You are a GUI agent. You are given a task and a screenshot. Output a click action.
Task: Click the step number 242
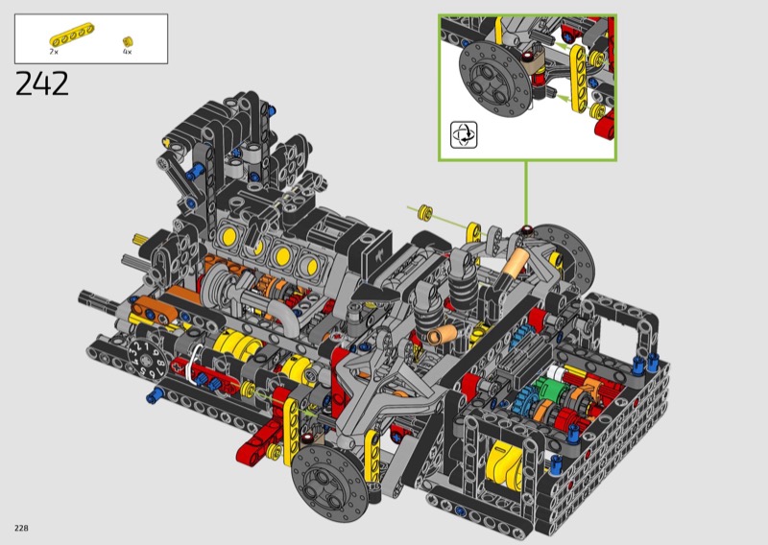[42, 83]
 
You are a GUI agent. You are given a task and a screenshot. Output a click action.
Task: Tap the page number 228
[21, 528]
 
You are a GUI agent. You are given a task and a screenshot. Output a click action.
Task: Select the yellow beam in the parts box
[72, 36]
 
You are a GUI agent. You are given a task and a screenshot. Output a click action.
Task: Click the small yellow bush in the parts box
[128, 41]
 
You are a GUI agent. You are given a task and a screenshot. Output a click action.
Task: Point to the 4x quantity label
[128, 52]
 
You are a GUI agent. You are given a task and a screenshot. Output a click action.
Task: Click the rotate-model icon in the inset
[464, 134]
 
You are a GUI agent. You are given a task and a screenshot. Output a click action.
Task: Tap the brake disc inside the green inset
[495, 80]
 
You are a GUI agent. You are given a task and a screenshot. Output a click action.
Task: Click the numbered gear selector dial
[147, 360]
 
